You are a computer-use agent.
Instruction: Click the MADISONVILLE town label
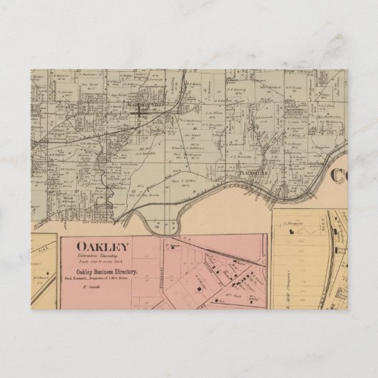144,103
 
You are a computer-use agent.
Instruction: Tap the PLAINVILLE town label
256,171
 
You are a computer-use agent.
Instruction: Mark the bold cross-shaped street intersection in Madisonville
148,111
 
